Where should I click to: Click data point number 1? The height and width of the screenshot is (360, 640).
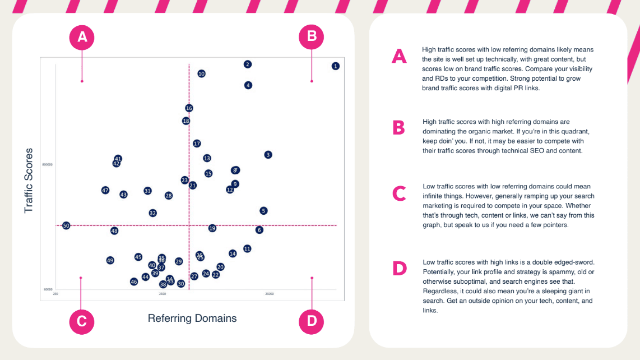click(335, 66)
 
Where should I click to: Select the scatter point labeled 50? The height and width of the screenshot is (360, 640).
click(66, 225)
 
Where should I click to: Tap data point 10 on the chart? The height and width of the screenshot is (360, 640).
click(202, 73)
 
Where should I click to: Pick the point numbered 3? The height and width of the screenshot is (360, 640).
click(268, 154)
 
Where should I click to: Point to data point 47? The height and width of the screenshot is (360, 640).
click(105, 190)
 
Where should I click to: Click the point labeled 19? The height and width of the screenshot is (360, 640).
click(212, 228)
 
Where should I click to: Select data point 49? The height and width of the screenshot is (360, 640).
click(110, 260)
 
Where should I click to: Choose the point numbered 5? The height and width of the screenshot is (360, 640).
click(264, 211)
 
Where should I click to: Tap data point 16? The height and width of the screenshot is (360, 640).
click(189, 108)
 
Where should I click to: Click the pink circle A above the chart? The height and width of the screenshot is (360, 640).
click(82, 37)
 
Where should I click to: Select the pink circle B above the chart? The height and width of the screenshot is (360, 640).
click(312, 37)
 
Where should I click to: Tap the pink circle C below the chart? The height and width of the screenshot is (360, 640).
click(82, 321)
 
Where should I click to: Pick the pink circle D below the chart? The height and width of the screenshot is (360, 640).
click(312, 321)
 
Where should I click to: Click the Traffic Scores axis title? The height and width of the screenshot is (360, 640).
click(29, 180)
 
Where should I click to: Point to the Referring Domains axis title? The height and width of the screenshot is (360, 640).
click(192, 319)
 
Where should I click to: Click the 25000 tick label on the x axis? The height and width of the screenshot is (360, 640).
click(270, 293)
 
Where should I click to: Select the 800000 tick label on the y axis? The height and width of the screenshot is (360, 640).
click(48, 165)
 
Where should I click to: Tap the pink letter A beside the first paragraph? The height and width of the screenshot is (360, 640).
click(399, 56)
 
